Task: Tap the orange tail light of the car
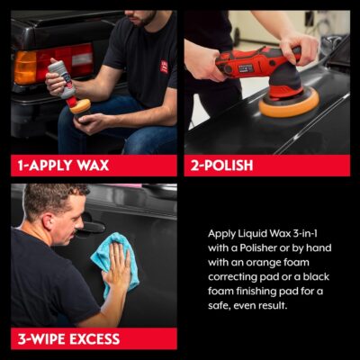click(x=24, y=67)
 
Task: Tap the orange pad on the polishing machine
click(x=288, y=103)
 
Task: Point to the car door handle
click(x=90, y=229)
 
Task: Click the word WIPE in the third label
click(x=51, y=340)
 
